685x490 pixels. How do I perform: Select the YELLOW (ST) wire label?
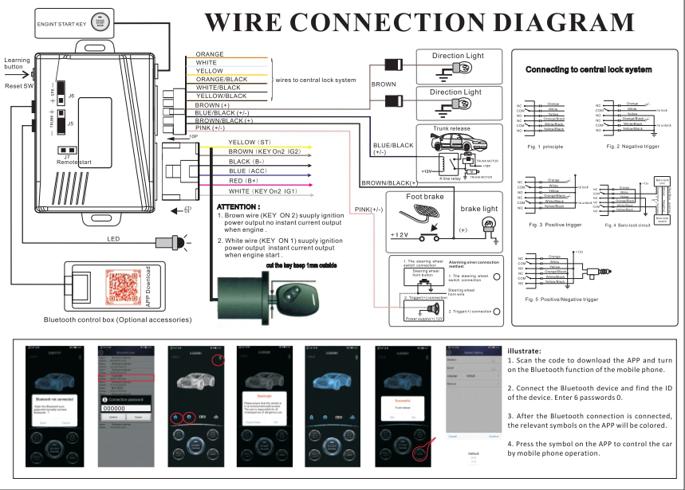pos(250,142)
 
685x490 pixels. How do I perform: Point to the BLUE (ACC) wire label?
pos(248,171)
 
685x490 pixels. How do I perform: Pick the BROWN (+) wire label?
pos(212,105)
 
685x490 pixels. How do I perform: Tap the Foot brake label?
pos(424,197)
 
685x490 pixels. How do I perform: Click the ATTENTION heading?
pos(241,206)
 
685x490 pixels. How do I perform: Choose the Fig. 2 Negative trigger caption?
pos(632,147)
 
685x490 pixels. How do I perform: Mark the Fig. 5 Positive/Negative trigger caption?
pos(561,299)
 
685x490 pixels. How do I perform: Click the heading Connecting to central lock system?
pos(589,70)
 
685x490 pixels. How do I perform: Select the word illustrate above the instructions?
pos(524,351)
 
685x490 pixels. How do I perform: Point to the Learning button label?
pos(17,63)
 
